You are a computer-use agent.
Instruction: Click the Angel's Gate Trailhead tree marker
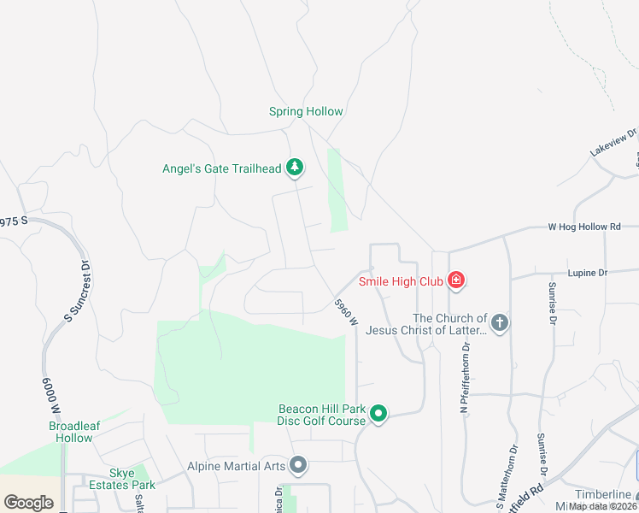point(295,168)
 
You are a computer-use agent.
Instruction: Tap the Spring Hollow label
point(306,112)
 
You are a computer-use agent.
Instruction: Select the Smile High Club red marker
point(456,280)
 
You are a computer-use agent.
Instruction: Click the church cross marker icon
point(500,323)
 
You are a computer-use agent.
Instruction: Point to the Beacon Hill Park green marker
point(379,415)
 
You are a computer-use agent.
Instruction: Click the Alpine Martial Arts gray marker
point(298,466)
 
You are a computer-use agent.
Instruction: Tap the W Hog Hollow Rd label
point(583,227)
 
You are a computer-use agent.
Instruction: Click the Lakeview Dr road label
point(613,142)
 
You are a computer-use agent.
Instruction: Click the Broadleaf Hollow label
point(70,432)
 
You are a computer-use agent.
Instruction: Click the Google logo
point(29,503)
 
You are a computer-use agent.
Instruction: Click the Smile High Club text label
point(402,280)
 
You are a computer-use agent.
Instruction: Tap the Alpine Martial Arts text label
point(235,467)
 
